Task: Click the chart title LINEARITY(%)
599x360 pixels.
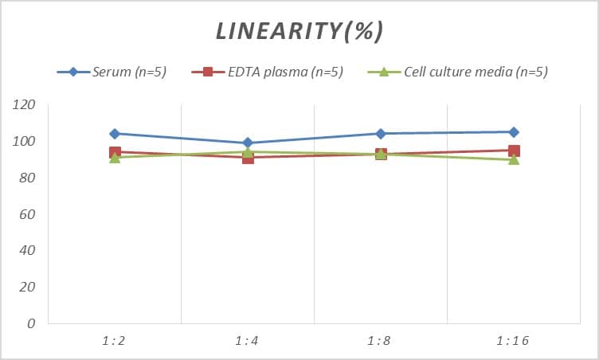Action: (299, 31)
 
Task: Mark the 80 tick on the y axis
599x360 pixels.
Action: (27, 178)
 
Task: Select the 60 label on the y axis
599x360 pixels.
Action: (27, 214)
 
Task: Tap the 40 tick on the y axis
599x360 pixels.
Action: (27, 250)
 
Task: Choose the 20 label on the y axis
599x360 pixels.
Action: (27, 287)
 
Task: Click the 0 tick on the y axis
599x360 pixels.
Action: (31, 323)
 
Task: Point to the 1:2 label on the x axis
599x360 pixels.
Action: (114, 341)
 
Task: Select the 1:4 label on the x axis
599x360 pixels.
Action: (247, 341)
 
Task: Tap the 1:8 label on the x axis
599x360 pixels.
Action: (380, 341)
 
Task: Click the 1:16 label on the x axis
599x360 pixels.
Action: (513, 341)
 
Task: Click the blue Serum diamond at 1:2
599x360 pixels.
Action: (115, 134)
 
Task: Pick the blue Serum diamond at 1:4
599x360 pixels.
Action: (248, 143)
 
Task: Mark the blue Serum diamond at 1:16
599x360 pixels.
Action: (514, 132)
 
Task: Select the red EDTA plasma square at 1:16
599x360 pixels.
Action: (514, 151)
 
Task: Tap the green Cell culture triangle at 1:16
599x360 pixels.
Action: (514, 159)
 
